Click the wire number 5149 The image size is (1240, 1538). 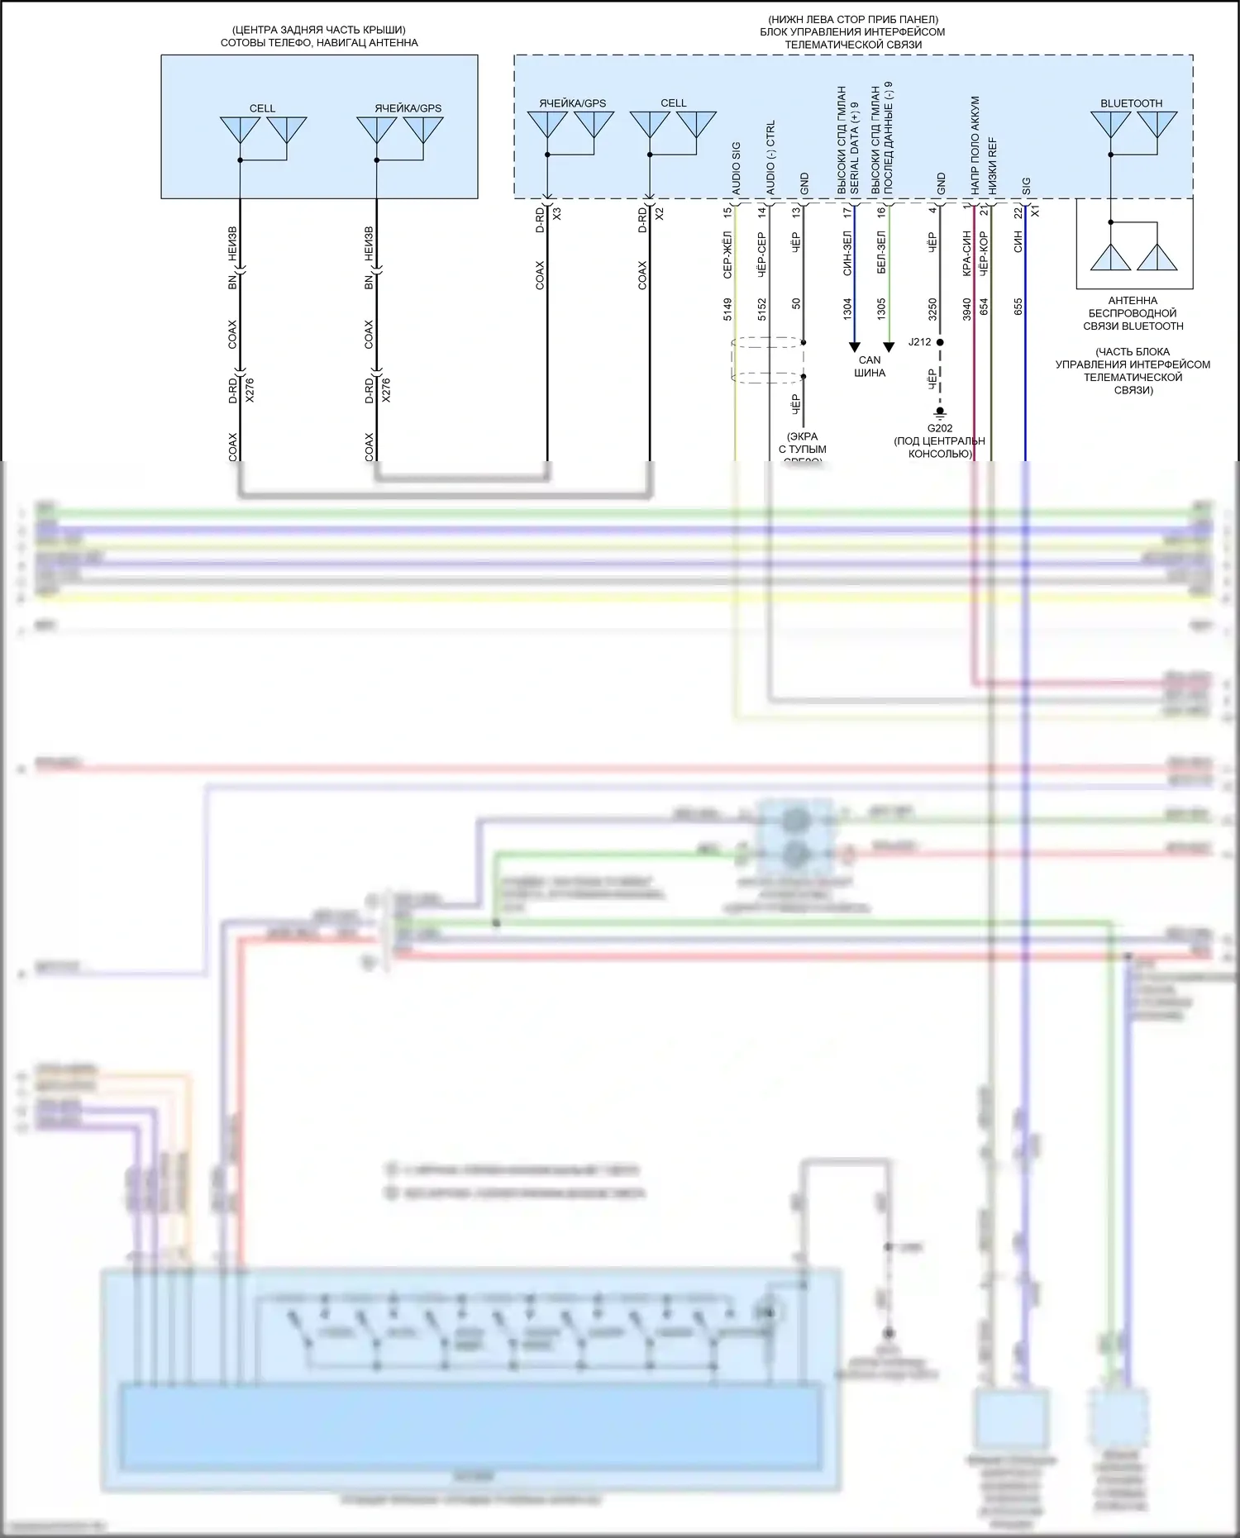727,309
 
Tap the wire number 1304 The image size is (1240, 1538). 847,309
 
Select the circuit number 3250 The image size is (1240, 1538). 932,309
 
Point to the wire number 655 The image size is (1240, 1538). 1018,307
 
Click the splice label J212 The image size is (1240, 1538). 919,341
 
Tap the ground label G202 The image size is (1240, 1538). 940,428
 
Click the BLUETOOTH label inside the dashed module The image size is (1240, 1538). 1131,103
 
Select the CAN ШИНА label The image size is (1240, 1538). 870,366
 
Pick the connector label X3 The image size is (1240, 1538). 556,213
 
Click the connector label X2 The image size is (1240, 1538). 659,213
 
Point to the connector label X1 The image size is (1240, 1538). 1035,212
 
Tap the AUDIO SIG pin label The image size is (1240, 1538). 736,169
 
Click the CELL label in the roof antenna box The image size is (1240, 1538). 262,108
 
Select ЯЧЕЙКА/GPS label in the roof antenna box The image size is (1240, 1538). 408,108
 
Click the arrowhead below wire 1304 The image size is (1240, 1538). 855,347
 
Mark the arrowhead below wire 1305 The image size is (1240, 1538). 889,347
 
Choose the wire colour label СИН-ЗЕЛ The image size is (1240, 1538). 847,253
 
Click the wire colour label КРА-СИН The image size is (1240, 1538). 966,253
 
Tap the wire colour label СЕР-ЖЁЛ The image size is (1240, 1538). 727,253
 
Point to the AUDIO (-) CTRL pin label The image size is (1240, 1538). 770,158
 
